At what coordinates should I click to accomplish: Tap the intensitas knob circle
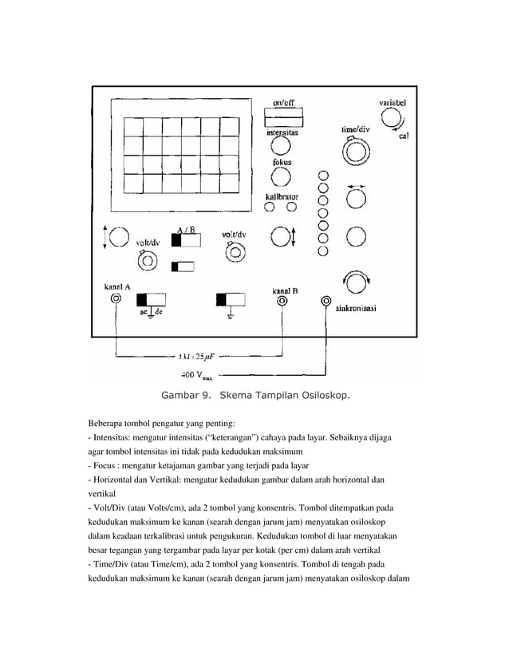click(280, 147)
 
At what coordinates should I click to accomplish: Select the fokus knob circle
click(281, 180)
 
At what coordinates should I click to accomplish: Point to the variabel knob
click(391, 120)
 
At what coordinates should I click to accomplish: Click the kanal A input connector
click(116, 299)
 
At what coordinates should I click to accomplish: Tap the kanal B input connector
click(281, 302)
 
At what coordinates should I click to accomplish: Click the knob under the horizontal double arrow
click(354, 197)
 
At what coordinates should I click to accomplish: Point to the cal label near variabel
click(404, 136)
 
